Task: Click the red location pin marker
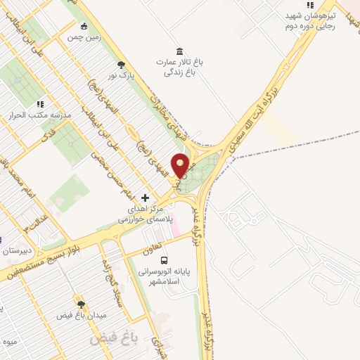coord(181,165)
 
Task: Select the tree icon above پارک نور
coord(122,64)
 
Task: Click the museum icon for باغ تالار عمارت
coord(181,51)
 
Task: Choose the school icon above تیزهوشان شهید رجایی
coord(309,4)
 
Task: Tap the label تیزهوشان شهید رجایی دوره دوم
coord(311,20)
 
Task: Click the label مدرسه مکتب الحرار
coord(40,115)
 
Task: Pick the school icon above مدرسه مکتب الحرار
coord(40,103)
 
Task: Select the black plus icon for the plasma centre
coord(146,198)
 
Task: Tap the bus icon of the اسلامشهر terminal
coord(164,259)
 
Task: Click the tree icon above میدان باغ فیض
coord(81,304)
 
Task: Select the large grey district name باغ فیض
coord(112,339)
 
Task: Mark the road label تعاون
coord(152,245)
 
